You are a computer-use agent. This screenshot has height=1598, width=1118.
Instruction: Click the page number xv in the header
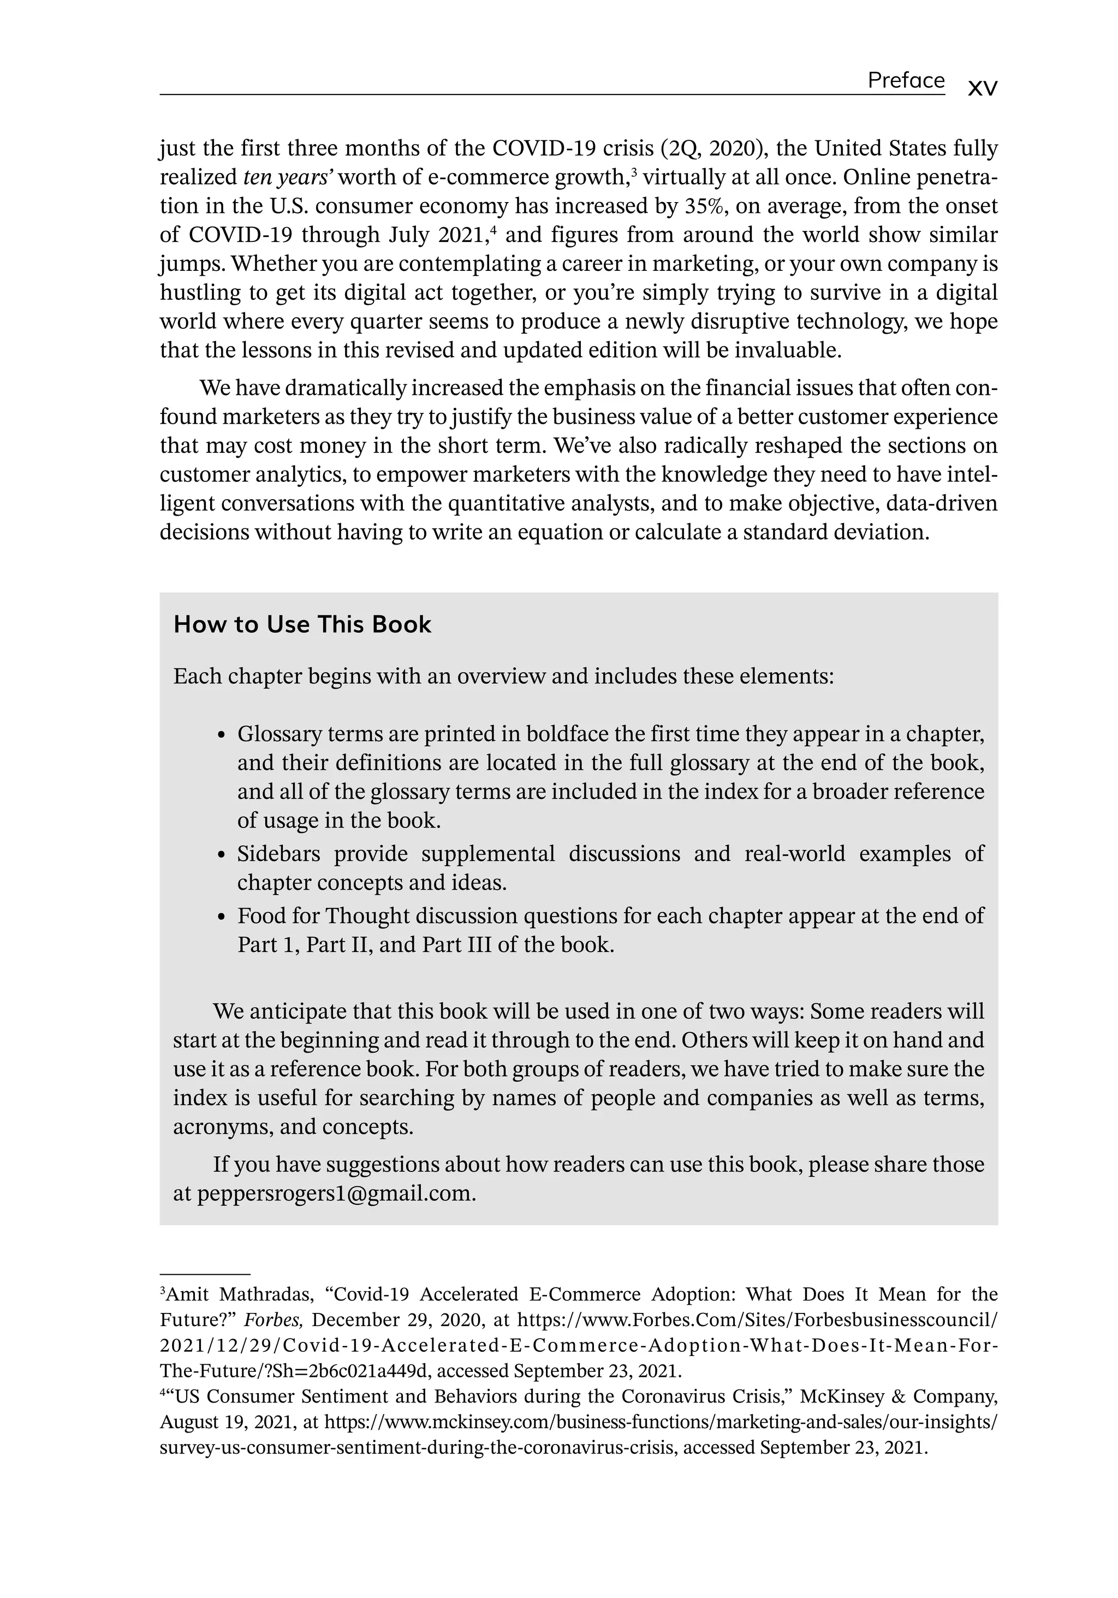click(x=982, y=88)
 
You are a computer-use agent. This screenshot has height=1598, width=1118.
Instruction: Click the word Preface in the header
click(x=905, y=81)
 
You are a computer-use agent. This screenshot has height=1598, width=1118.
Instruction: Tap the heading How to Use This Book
click(x=302, y=624)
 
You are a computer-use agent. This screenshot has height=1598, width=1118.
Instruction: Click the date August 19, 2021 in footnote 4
click(x=223, y=1422)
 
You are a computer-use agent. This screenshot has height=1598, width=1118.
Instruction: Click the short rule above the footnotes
click(x=205, y=1274)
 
